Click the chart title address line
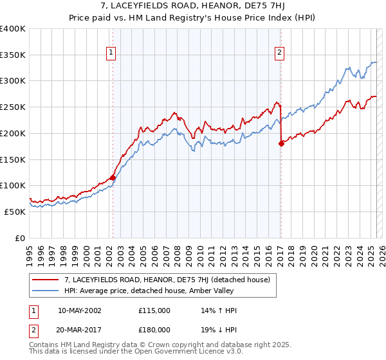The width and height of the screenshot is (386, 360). (x=192, y=6)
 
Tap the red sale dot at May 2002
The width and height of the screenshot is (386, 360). (x=113, y=177)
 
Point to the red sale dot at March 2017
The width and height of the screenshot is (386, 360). (x=281, y=144)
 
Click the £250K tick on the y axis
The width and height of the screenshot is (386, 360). (x=13, y=107)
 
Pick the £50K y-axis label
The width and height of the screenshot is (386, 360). (x=14, y=212)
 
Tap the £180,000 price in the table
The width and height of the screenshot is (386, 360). (x=154, y=330)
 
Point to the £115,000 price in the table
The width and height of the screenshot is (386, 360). (x=154, y=310)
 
